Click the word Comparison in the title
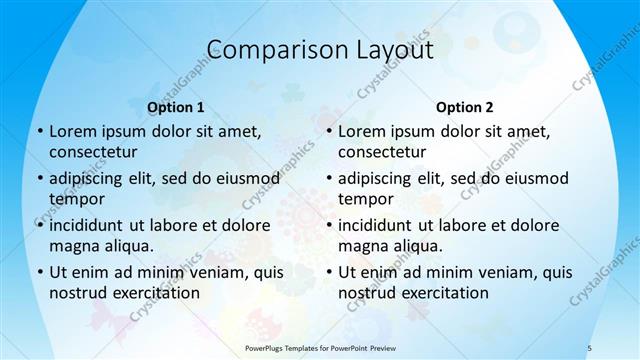point(266,49)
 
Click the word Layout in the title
point(386,49)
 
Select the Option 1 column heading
point(176,107)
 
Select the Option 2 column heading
point(465,107)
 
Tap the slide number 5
point(590,347)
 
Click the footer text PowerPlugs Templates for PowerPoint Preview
point(320,347)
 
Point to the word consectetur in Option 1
point(92,152)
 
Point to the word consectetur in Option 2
point(381,152)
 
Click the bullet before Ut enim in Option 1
point(39,272)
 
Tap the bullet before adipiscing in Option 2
point(328,178)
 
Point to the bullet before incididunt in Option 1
point(39,225)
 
